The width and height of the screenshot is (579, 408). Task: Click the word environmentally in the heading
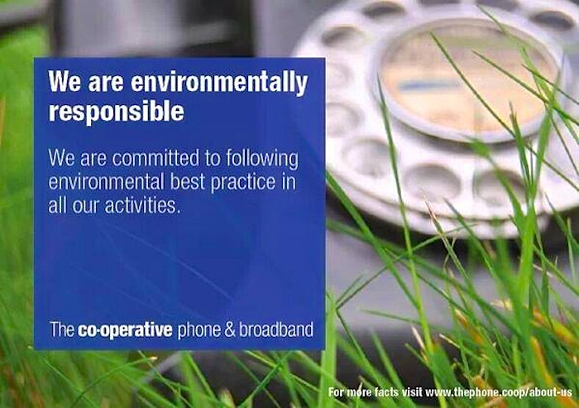[219, 82]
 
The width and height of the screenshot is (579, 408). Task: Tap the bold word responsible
[117, 111]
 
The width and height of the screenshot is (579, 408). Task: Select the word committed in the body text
[156, 158]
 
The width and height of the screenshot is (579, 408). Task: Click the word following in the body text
[262, 159]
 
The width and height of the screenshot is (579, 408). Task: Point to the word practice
[243, 183]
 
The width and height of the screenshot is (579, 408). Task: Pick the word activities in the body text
[142, 204]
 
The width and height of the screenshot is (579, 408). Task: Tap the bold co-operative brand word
[125, 330]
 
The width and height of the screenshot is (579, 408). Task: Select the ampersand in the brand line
[230, 329]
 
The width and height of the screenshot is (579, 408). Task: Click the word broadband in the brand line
[276, 329]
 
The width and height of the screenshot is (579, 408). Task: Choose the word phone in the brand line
[199, 330]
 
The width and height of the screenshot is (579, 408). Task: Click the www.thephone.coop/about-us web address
[499, 392]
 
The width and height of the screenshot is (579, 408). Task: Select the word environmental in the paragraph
[107, 181]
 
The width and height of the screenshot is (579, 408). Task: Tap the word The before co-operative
[62, 329]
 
